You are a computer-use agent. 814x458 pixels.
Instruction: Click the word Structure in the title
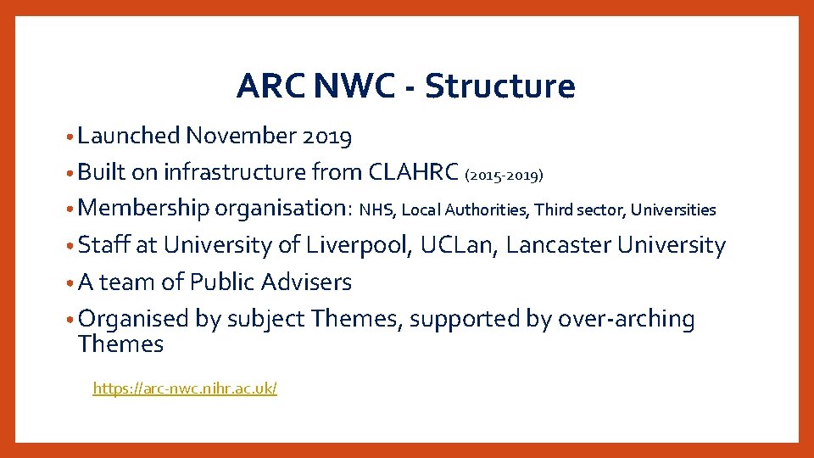click(x=499, y=86)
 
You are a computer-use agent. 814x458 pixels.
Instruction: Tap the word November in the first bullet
click(x=240, y=136)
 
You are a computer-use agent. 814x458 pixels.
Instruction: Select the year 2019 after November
click(x=326, y=136)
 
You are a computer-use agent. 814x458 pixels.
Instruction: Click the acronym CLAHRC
click(x=414, y=172)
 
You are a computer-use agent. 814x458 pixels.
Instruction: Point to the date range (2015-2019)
click(x=505, y=176)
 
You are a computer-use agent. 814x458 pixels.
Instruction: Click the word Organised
click(x=131, y=319)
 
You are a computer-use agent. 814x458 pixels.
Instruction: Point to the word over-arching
click(x=627, y=319)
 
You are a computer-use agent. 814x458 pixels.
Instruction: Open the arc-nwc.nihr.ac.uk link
click(x=185, y=388)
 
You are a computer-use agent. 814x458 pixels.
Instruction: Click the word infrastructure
click(x=234, y=172)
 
